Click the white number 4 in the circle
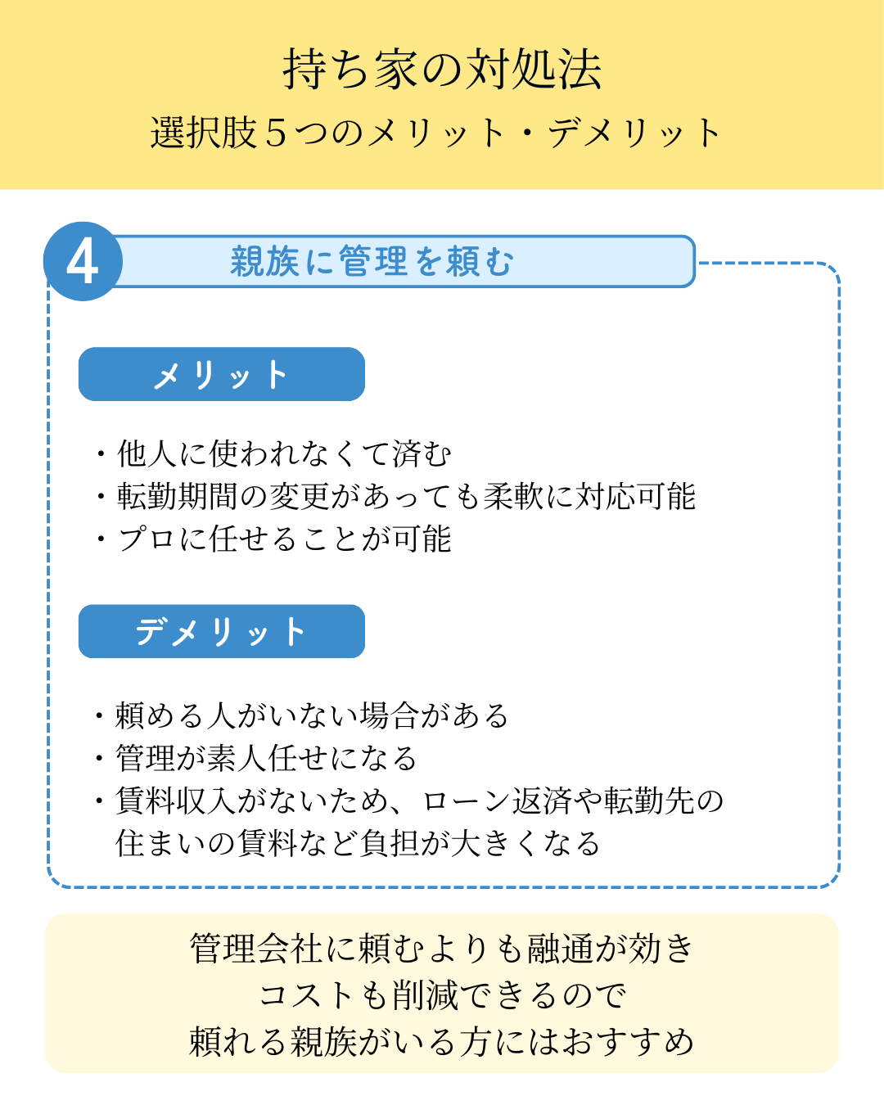coord(82,263)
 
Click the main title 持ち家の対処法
coord(442,70)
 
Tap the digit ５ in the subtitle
coord(277,133)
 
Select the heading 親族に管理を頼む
coord(372,261)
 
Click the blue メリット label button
coord(221,374)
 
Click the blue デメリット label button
coord(221,631)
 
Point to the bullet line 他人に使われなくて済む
coord(284,454)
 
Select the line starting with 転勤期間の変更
coord(406,497)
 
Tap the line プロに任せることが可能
coord(284,539)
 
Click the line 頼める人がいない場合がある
coord(312,715)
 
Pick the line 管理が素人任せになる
coord(265,758)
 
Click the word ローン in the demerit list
coord(466,801)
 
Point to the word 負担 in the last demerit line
coord(390,843)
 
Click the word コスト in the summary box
coord(306,995)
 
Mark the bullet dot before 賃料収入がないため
coord(99,801)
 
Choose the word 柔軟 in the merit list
coord(512,497)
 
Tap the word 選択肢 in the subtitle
coord(204,133)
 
